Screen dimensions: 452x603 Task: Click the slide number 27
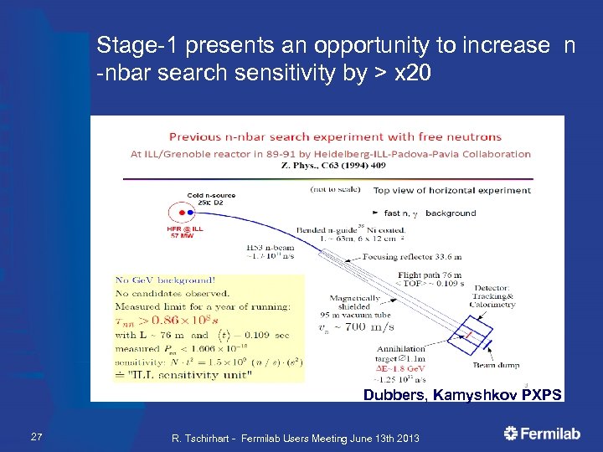point(36,434)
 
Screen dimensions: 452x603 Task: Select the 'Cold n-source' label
point(211,196)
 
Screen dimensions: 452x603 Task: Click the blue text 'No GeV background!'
point(166,280)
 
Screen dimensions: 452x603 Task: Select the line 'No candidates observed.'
point(173,293)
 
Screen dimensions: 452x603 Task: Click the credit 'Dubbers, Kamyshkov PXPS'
point(462,393)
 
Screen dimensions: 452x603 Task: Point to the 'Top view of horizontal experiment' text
point(451,190)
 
